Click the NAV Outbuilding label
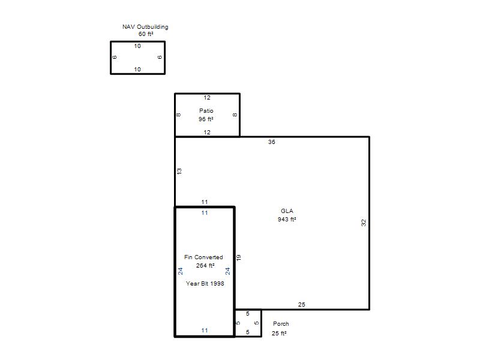(x=145, y=27)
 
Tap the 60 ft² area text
(x=146, y=34)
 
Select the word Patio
(x=206, y=110)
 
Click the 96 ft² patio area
(x=206, y=119)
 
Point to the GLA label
(x=287, y=211)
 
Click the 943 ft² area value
(x=287, y=220)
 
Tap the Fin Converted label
(x=203, y=257)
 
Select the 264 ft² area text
(x=205, y=265)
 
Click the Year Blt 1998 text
(x=205, y=283)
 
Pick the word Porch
(x=281, y=323)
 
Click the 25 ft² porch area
(x=279, y=334)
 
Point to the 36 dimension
(x=272, y=142)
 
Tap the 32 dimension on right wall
(x=364, y=223)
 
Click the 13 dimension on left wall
(x=179, y=171)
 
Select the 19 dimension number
(x=239, y=258)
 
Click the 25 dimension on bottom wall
(x=302, y=305)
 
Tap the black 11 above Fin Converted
(x=205, y=202)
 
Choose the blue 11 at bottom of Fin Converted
(x=205, y=331)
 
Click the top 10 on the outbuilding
(x=137, y=46)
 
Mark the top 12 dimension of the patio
(x=207, y=98)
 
